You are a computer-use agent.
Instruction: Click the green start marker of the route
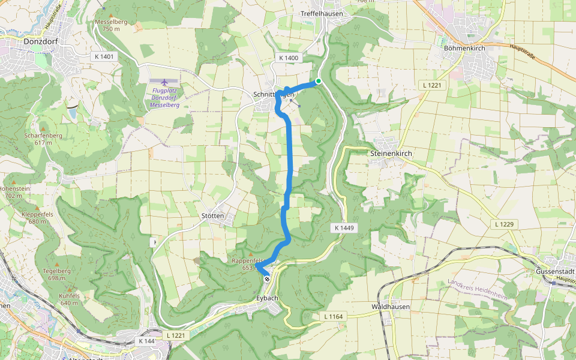pos(318,82)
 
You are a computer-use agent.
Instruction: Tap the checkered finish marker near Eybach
pos(267,278)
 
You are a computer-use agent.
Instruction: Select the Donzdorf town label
pos(41,42)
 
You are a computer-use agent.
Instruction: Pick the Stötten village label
pos(213,216)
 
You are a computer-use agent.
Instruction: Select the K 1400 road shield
pos(288,58)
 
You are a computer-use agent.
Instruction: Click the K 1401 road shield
pos(104,56)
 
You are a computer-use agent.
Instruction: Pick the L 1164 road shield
pos(332,316)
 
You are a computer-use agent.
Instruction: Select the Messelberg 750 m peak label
pos(111,25)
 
